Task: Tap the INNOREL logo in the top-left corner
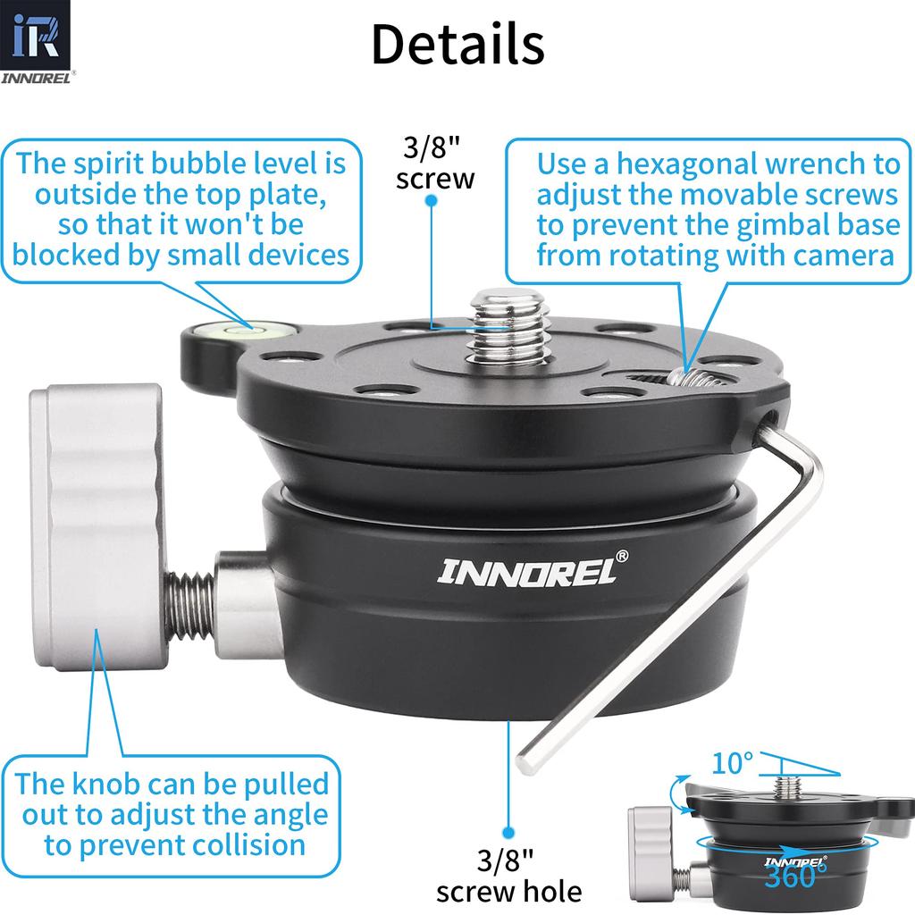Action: pyautogui.click(x=36, y=45)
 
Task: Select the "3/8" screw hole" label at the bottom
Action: pyautogui.click(x=508, y=876)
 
